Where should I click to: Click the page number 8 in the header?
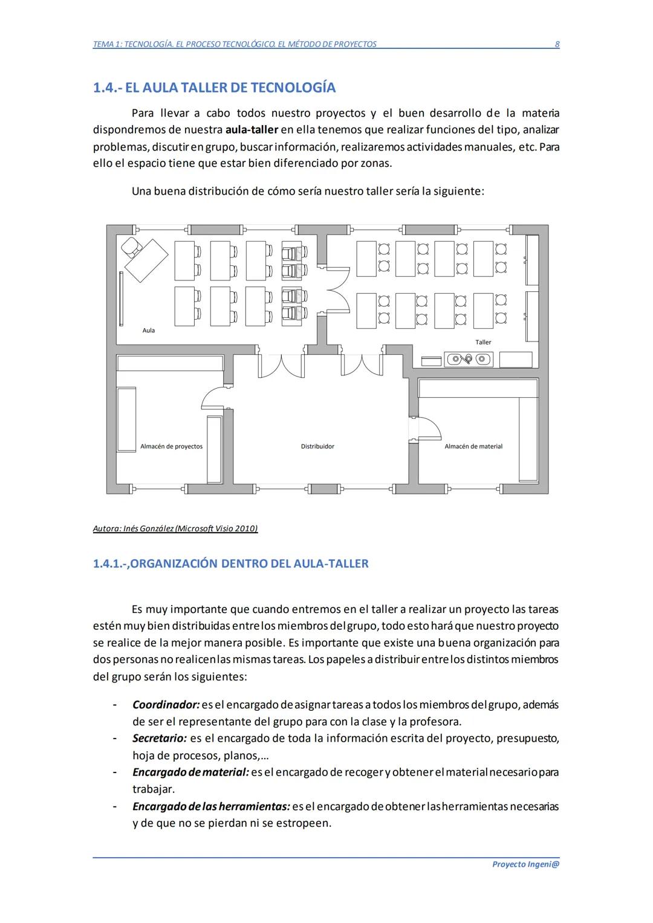point(557,44)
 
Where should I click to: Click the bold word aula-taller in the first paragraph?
point(252,130)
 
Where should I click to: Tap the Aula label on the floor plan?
point(149,331)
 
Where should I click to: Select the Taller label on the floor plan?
point(483,342)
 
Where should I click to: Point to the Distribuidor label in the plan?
point(317,447)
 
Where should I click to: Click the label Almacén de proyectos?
point(171,447)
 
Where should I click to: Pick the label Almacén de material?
point(473,447)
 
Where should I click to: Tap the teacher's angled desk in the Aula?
point(147,261)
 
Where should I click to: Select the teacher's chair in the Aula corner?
point(130,247)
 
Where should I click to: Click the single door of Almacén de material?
point(427,428)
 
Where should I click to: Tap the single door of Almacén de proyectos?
point(213,398)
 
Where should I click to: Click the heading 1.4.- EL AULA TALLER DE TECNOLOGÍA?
point(214,88)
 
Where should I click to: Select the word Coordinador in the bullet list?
point(166,705)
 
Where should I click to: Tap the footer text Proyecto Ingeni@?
point(525,864)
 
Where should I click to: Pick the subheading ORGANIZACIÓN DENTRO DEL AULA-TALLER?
point(249,564)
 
